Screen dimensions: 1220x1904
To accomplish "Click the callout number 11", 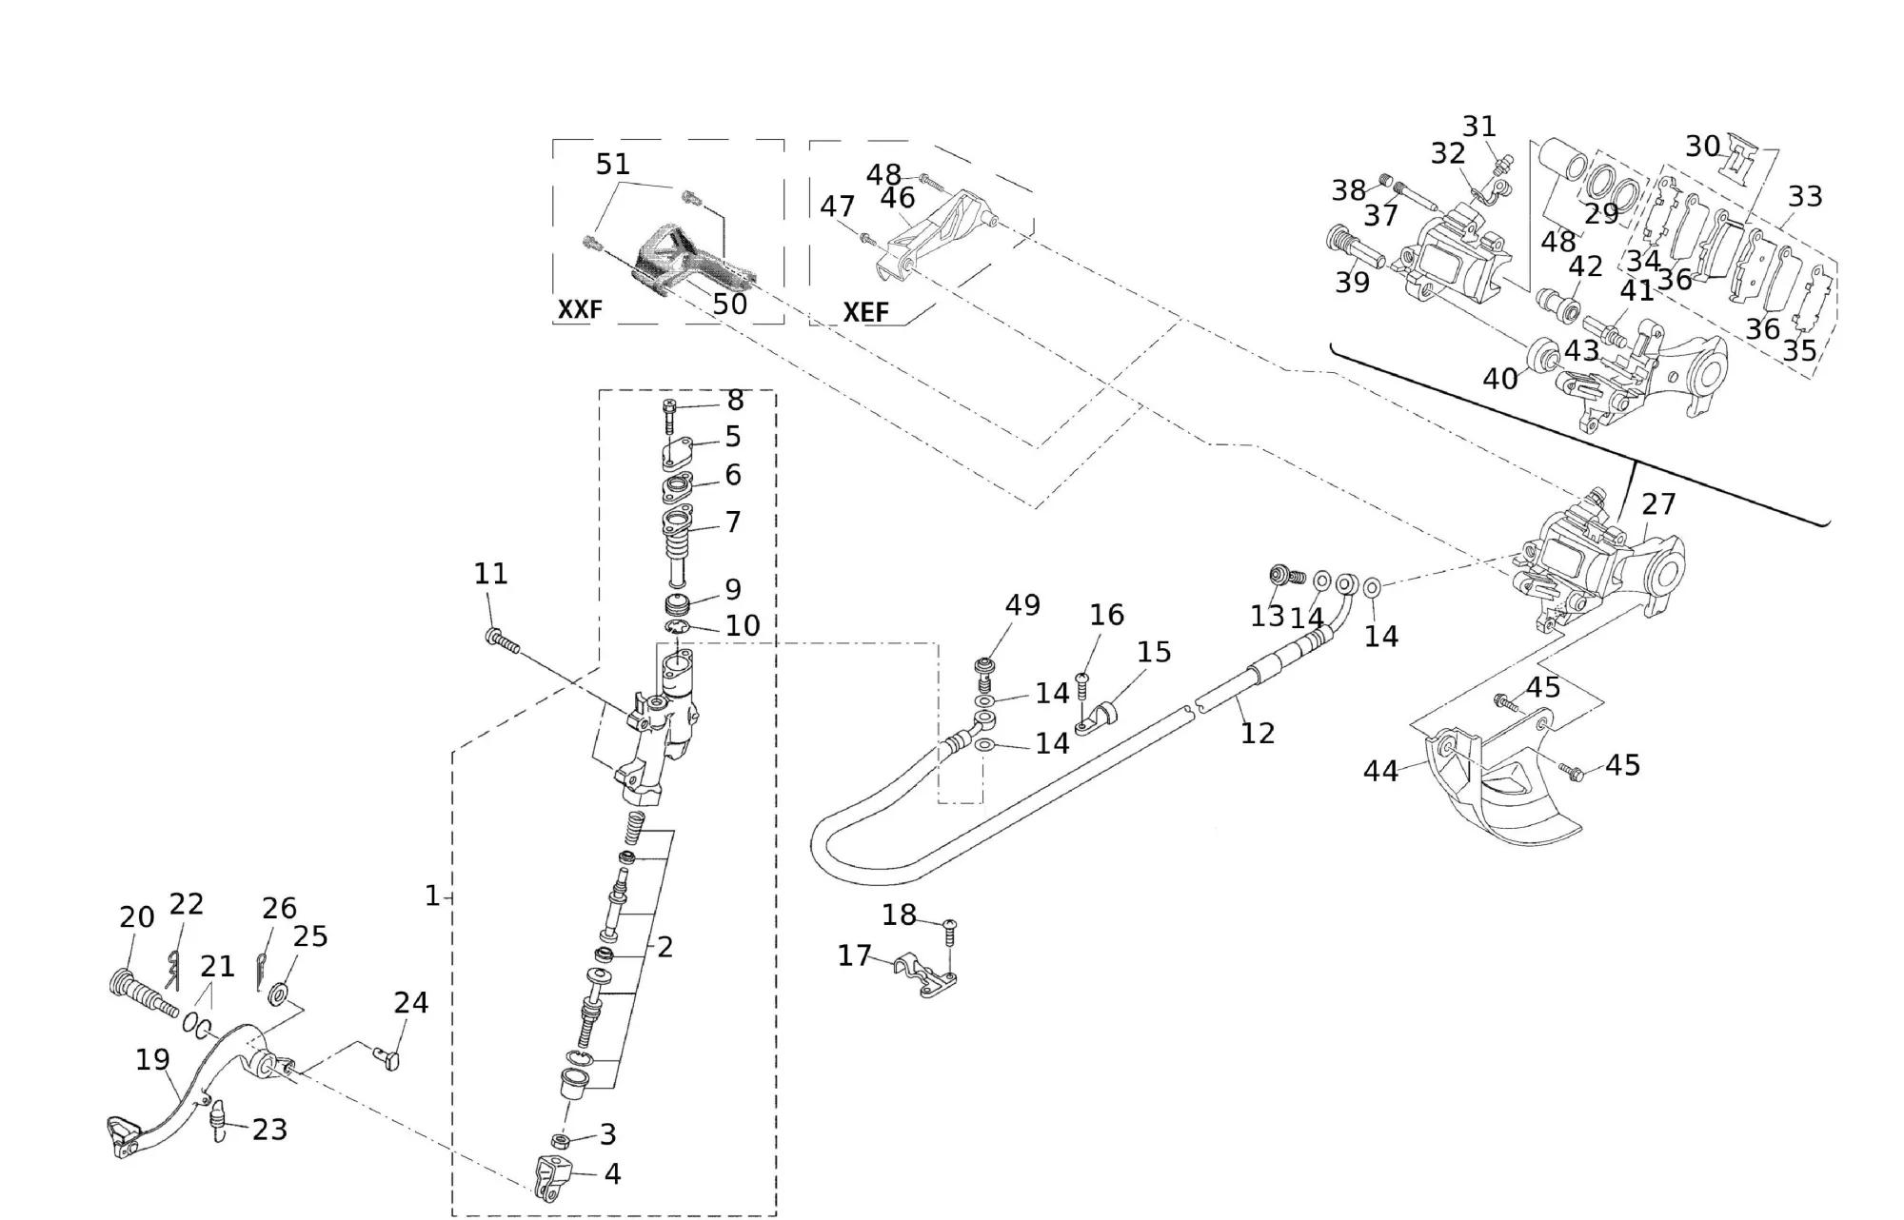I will [490, 574].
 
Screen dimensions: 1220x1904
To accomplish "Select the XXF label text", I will [580, 309].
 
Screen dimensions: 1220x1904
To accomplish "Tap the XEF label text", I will [865, 312].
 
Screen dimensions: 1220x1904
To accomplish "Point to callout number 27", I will [1658, 504].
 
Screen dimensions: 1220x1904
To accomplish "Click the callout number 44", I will [1380, 771].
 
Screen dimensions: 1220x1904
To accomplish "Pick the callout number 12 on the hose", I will [1257, 733].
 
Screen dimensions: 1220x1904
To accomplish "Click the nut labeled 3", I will [562, 1139].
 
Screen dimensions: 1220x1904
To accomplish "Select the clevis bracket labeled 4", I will [552, 1177].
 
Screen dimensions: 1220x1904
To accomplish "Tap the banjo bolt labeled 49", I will [985, 673].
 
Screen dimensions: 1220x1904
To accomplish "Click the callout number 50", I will [729, 305].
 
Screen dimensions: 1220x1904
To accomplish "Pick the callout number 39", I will [1352, 283].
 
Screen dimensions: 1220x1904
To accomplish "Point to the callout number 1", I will [432, 896].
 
